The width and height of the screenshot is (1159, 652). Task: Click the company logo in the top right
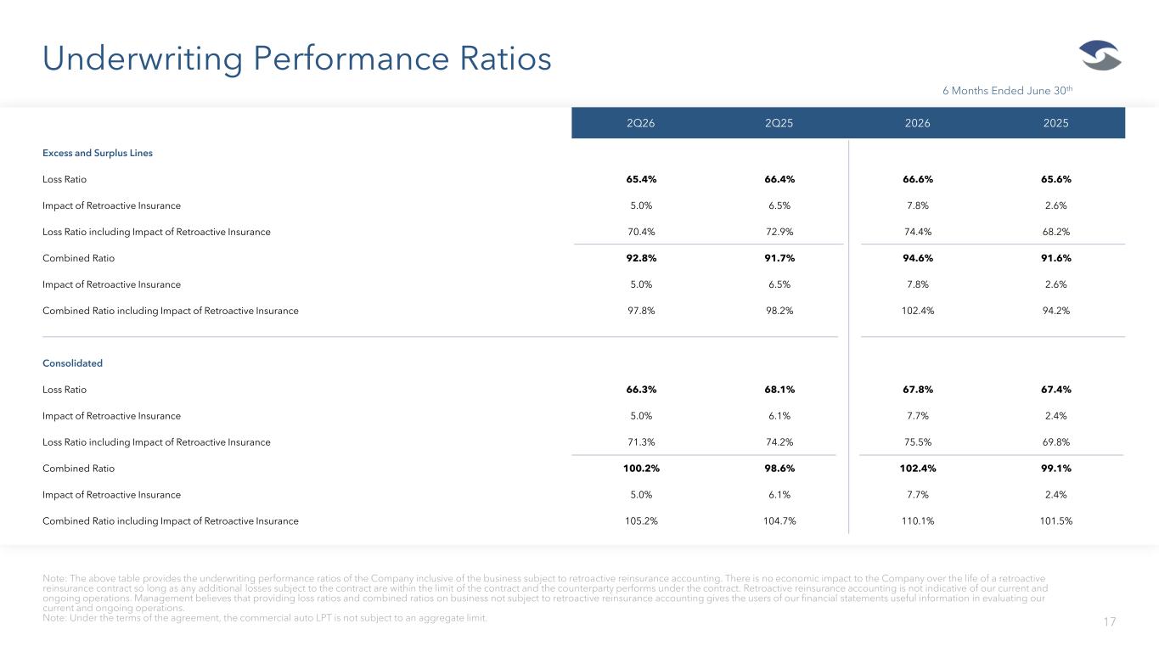pos(1100,55)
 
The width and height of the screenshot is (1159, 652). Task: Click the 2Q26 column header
pos(640,123)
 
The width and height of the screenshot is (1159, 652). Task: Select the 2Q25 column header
pos(779,123)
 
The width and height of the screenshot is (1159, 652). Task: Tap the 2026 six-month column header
pos(917,123)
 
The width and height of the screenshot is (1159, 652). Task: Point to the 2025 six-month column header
pos(1055,123)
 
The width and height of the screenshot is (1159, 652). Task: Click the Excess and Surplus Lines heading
pos(98,153)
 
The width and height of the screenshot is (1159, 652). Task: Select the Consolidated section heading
pos(72,363)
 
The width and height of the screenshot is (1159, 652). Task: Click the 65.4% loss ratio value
pos(641,179)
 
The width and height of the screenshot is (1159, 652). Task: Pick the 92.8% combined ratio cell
pos(641,258)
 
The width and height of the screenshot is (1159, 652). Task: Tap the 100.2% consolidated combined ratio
pos(641,469)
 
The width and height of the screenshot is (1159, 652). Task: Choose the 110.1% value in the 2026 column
pos(917,521)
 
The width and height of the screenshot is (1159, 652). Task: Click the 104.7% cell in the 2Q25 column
pos(779,521)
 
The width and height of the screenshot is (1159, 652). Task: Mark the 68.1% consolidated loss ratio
pos(779,389)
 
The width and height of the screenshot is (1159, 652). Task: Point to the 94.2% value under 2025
pos(1056,311)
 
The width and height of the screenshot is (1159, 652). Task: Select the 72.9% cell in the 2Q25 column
pos(779,232)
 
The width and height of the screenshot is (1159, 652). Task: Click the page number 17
pos(1109,621)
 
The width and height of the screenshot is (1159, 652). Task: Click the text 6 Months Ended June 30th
pos(1007,91)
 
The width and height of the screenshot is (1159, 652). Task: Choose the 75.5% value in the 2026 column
pos(917,442)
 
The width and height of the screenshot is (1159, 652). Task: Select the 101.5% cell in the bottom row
pos(1056,521)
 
